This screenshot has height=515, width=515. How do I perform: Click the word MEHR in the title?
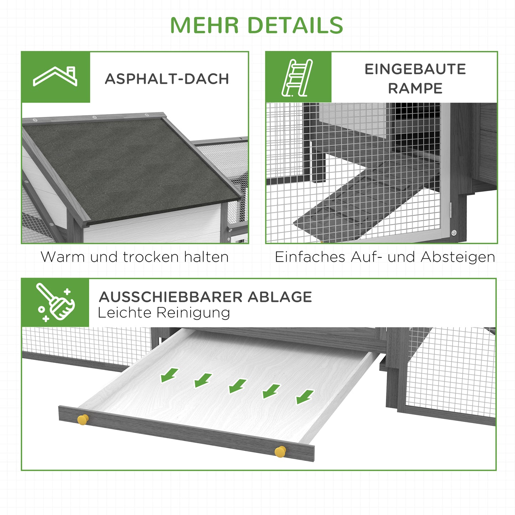tap(204, 25)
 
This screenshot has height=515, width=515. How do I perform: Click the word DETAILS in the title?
tap(295, 25)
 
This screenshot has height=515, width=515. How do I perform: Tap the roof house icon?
tap(55, 77)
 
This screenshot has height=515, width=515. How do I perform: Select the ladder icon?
tap(298, 78)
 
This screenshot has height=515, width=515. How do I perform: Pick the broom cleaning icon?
tap(55, 303)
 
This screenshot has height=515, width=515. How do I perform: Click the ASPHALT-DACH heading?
tap(167, 79)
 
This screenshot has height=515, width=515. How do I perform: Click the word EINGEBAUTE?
tap(415, 69)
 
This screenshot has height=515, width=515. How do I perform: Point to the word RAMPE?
tap(415, 88)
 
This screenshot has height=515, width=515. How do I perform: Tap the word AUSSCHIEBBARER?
tap(171, 297)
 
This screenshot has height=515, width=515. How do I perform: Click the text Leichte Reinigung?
tap(164, 313)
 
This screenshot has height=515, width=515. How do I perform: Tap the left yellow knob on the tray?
tap(83, 419)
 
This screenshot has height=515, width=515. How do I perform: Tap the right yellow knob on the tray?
tap(280, 452)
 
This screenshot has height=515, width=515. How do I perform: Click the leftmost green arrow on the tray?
tap(169, 375)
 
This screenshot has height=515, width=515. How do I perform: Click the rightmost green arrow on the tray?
tap(305, 397)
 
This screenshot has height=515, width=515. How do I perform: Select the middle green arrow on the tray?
tap(237, 386)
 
